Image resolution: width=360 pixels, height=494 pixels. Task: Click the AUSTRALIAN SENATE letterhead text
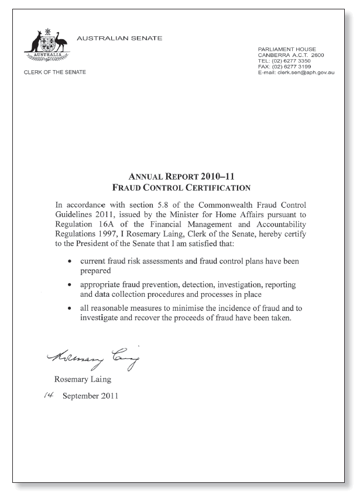[x=119, y=39]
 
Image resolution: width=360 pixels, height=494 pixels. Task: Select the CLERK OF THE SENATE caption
[x=54, y=72]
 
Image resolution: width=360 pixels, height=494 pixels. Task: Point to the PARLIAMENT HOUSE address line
[x=287, y=49]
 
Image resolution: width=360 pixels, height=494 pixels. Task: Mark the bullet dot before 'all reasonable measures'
[x=70, y=308]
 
